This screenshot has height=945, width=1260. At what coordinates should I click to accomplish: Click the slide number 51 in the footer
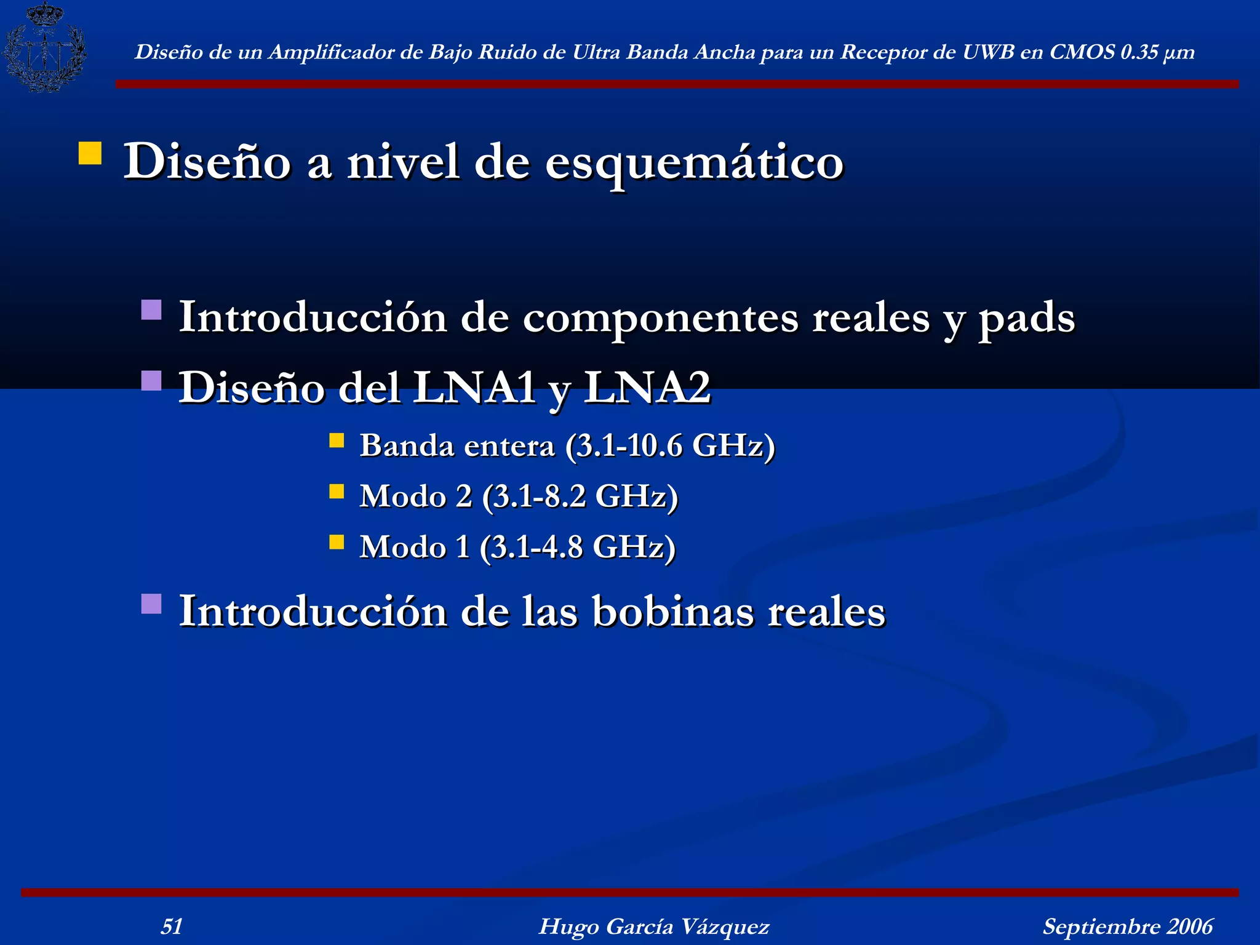pyautogui.click(x=172, y=926)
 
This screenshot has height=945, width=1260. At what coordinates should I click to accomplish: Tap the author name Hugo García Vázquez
pyautogui.click(x=653, y=926)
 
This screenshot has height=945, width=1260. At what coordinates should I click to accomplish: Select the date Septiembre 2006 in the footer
pyautogui.click(x=1127, y=926)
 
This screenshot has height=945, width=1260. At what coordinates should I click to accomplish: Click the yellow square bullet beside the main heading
pyautogui.click(x=90, y=153)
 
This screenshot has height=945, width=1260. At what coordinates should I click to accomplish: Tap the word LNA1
pyautogui.click(x=474, y=388)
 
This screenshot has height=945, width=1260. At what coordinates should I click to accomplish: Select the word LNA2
pyautogui.click(x=647, y=388)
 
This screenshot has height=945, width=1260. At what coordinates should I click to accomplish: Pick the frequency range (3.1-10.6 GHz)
pyautogui.click(x=670, y=445)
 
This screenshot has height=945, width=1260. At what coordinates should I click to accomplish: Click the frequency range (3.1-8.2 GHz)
pyautogui.click(x=580, y=496)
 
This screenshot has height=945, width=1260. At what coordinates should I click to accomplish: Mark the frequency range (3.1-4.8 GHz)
pyautogui.click(x=578, y=547)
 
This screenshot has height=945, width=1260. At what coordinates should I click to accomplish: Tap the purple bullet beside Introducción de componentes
pyautogui.click(x=151, y=309)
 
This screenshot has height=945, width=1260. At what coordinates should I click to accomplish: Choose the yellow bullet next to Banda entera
pyautogui.click(x=337, y=441)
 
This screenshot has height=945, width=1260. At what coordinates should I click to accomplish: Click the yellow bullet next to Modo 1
pyautogui.click(x=337, y=541)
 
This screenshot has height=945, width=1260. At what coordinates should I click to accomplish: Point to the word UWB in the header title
pyautogui.click(x=988, y=52)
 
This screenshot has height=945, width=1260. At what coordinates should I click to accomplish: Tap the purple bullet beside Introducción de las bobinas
pyautogui.click(x=151, y=604)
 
